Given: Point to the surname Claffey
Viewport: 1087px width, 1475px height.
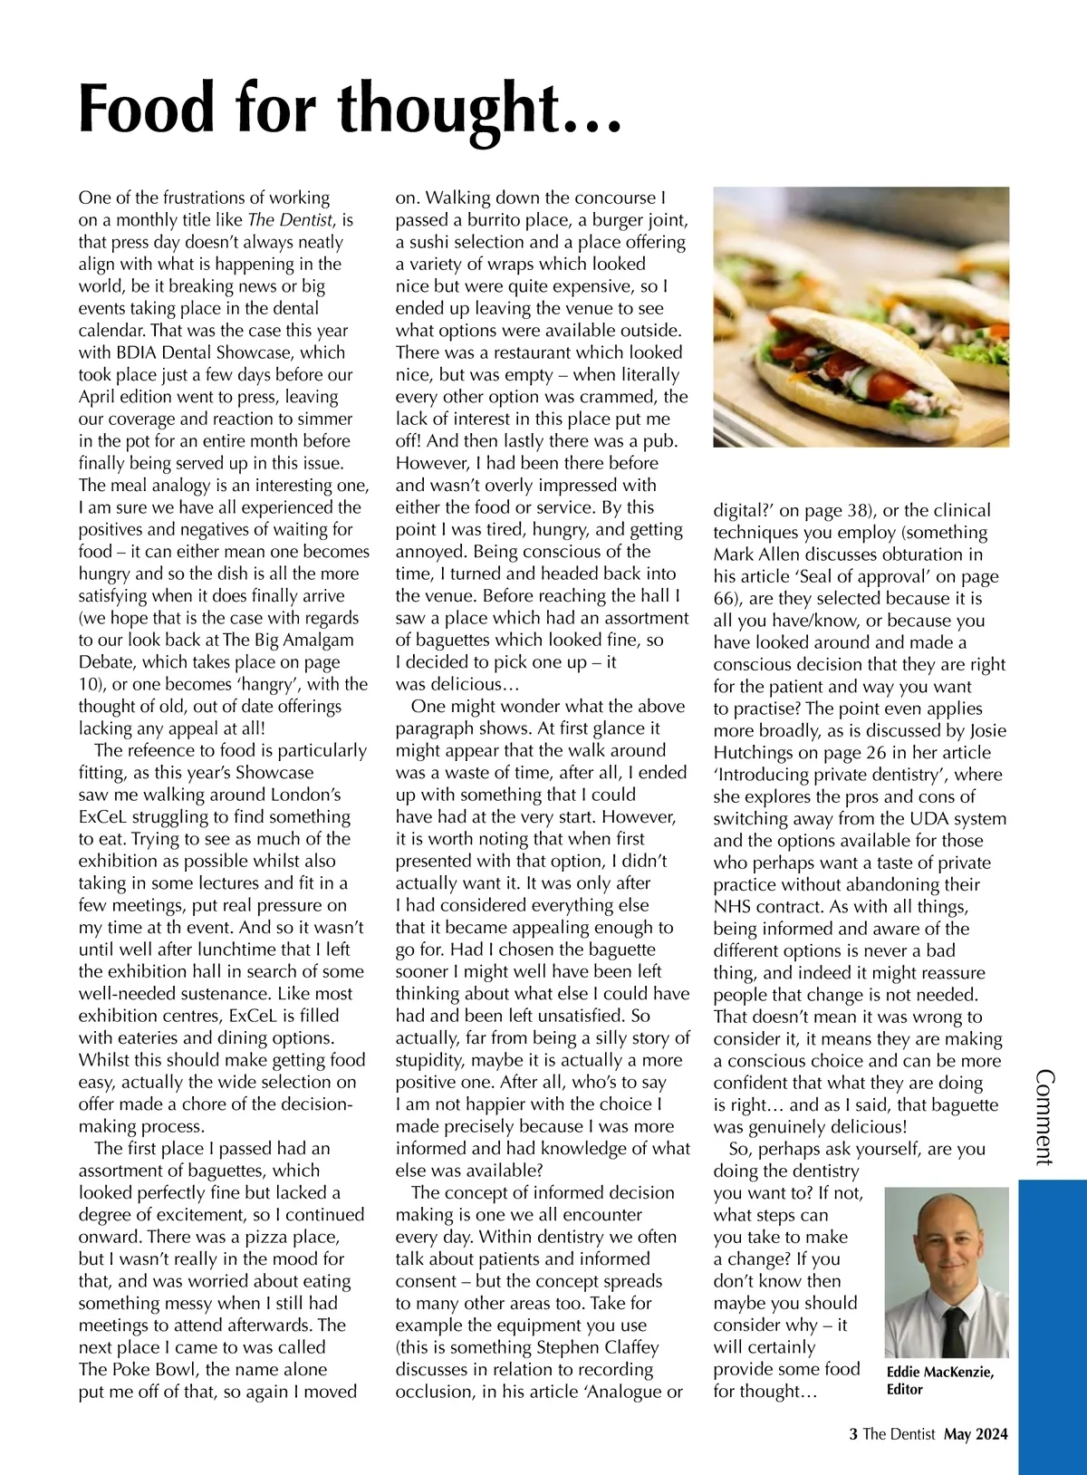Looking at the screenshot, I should point(630,1347).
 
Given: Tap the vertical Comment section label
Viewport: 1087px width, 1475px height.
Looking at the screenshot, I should point(1044,1117).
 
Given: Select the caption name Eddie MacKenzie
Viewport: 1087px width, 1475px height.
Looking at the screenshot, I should point(939,1373).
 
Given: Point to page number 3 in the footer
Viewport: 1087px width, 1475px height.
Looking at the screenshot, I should point(852,1434).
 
